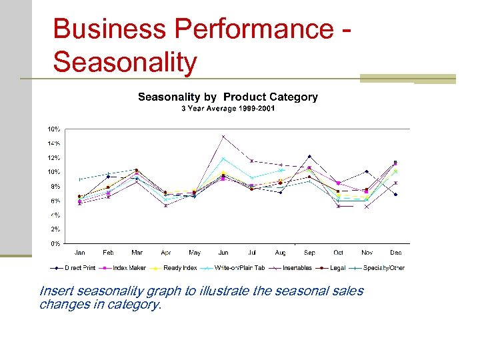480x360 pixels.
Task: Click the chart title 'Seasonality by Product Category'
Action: (227, 97)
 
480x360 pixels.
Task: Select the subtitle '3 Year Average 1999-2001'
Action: (227, 109)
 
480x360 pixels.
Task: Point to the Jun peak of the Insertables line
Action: (223, 137)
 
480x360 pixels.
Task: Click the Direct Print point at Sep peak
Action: (309, 156)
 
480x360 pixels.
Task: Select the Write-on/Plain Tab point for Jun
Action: (223, 159)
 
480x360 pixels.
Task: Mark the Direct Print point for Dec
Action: (396, 195)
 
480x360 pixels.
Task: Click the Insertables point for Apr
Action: (165, 206)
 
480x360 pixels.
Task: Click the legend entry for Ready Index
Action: (179, 267)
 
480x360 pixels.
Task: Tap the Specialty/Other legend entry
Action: (383, 267)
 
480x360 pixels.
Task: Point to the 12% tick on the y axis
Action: (53, 158)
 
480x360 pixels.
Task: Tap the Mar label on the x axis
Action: (137, 253)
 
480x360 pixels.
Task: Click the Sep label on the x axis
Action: (309, 253)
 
